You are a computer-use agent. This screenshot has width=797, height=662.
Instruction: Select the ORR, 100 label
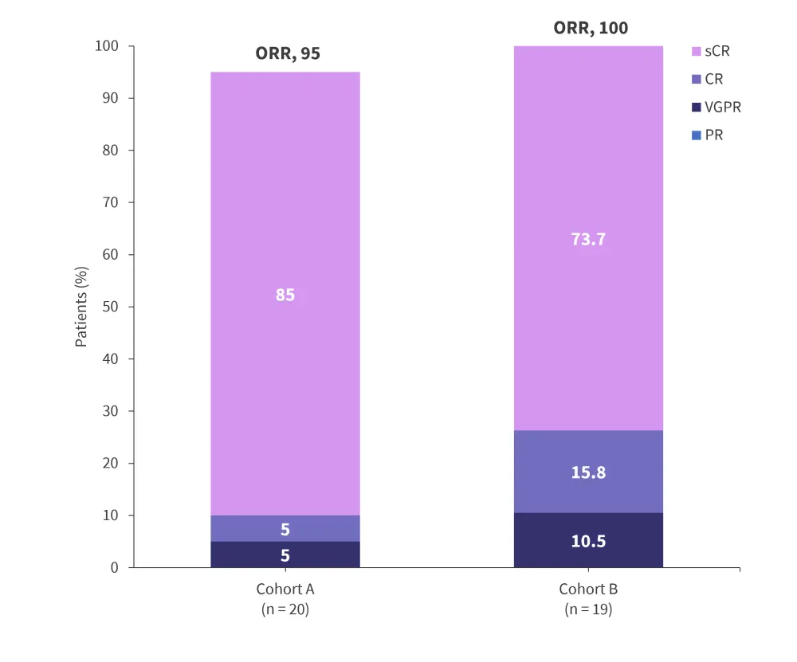pos(591,29)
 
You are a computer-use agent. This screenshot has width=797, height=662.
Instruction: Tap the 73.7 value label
pos(588,238)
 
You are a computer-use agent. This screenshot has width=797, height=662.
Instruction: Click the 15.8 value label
pos(588,472)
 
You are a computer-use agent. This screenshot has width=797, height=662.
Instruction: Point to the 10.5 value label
pos(588,541)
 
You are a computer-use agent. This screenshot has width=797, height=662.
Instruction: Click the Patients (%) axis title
pos(81,307)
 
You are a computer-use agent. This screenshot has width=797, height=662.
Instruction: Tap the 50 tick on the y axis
pos(110,307)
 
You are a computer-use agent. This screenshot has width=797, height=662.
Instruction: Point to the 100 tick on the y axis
pos(106,46)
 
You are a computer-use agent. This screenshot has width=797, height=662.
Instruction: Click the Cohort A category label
pos(285,590)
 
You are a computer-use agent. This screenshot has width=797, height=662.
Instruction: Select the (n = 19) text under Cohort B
pos(588,610)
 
